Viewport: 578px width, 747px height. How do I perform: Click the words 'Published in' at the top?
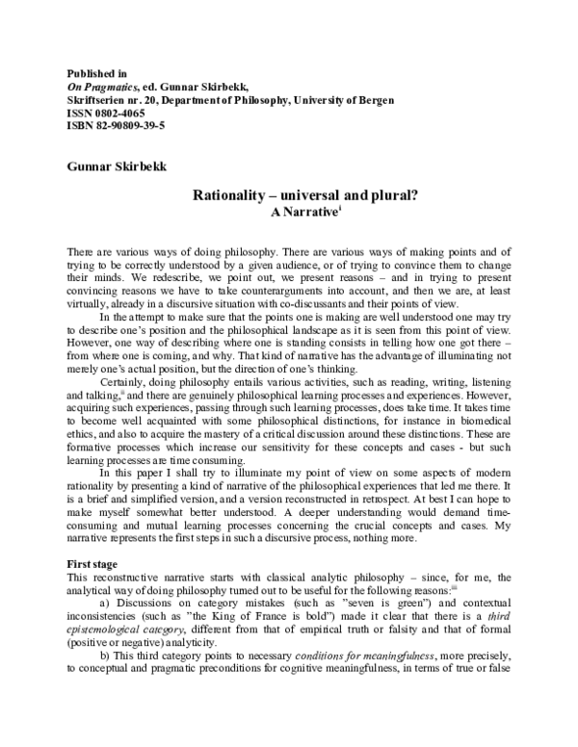[97, 73]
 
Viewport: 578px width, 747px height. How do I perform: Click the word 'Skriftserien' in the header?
[98, 100]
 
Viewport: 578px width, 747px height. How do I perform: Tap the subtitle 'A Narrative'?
[299, 210]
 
